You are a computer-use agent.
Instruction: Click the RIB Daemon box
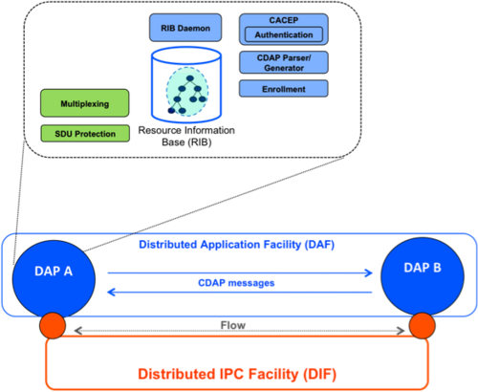(185, 28)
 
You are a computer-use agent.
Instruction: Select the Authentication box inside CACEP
(284, 34)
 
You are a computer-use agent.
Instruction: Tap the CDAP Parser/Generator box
(284, 62)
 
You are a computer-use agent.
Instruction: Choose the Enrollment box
(284, 89)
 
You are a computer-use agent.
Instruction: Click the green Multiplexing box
(85, 103)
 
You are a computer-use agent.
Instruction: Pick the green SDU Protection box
(85, 134)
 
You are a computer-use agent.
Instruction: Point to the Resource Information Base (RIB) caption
(186, 136)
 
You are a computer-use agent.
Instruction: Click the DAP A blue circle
(54, 278)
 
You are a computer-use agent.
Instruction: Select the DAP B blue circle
(423, 276)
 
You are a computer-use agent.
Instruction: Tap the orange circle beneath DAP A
(53, 326)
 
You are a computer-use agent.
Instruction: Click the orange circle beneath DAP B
(422, 326)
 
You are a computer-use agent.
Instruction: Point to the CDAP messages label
(236, 283)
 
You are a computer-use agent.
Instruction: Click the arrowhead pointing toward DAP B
(369, 272)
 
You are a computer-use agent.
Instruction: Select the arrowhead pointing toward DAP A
(112, 292)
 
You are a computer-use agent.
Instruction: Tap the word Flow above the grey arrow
(233, 325)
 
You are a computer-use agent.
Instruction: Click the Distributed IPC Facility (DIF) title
(237, 374)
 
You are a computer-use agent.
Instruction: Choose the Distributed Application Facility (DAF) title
(237, 245)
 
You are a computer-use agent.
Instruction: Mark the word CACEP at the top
(284, 20)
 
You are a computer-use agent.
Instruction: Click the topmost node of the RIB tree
(190, 78)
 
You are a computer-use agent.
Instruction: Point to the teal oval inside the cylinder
(187, 92)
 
